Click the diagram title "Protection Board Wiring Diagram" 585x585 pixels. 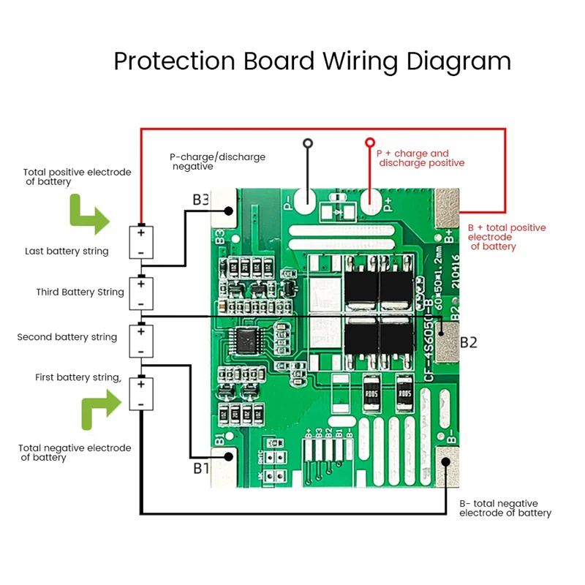312,61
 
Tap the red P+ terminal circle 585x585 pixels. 370,143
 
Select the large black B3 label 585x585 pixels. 201,200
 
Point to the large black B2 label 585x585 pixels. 468,342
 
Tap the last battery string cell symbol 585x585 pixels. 141,241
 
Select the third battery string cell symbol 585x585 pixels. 141,292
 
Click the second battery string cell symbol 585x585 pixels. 141,340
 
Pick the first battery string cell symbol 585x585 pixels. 141,393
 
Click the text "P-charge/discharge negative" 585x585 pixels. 217,162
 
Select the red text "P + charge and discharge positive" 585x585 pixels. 419,158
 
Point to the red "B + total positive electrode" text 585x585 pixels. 506,238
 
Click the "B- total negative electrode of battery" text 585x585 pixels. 505,508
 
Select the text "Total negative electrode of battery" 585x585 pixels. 75,453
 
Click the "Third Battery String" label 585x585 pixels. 80,292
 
